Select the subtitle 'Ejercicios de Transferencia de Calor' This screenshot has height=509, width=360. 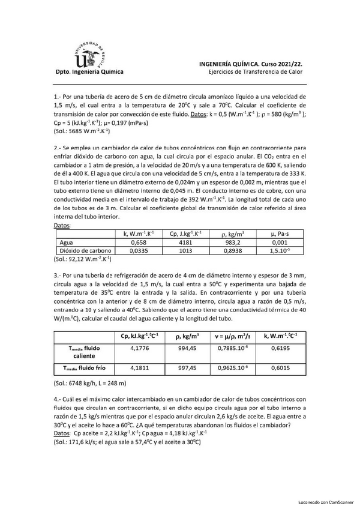[x=251, y=71]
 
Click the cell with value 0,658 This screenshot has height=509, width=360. [x=139, y=243]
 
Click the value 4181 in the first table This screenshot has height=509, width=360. [x=185, y=243]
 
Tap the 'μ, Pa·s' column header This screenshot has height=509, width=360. [x=280, y=234]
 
